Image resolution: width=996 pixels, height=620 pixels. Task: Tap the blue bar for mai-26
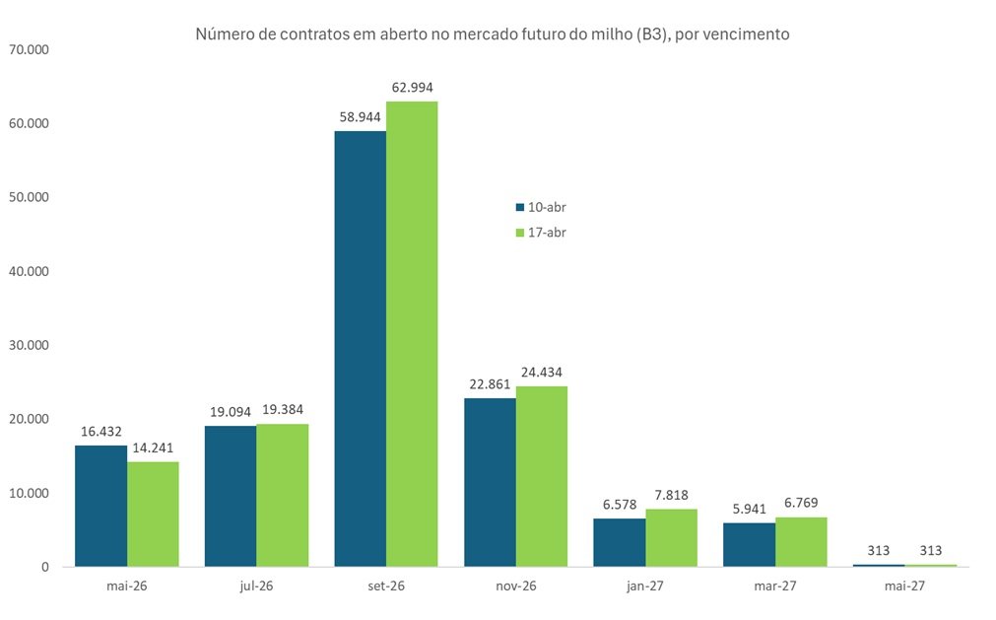point(100,506)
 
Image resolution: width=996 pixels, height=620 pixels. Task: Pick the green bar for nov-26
point(541,476)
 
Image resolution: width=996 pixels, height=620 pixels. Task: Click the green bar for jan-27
point(671,537)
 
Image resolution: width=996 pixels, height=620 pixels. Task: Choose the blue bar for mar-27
point(749,544)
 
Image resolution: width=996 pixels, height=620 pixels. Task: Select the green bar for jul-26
point(282,495)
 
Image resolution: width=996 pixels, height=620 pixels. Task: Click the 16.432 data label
point(100,432)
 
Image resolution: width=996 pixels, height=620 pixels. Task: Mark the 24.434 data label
point(541,373)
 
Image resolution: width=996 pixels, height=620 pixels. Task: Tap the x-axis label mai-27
point(904,585)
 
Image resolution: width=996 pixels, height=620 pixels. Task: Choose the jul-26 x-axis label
point(256,585)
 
